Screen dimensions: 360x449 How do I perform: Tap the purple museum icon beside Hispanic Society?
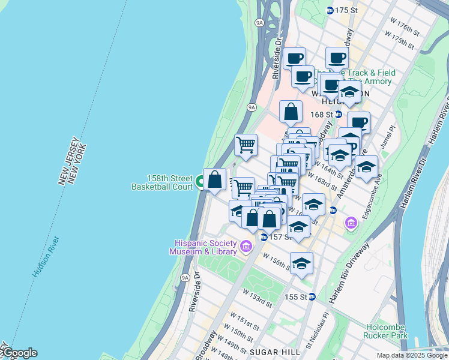pos(245,246)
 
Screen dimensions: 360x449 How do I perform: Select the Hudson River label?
pos(46,257)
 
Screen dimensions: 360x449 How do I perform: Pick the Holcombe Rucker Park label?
pos(387,331)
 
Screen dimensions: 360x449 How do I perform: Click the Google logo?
pos(19,353)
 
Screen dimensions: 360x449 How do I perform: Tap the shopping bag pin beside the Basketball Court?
pos(215,179)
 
